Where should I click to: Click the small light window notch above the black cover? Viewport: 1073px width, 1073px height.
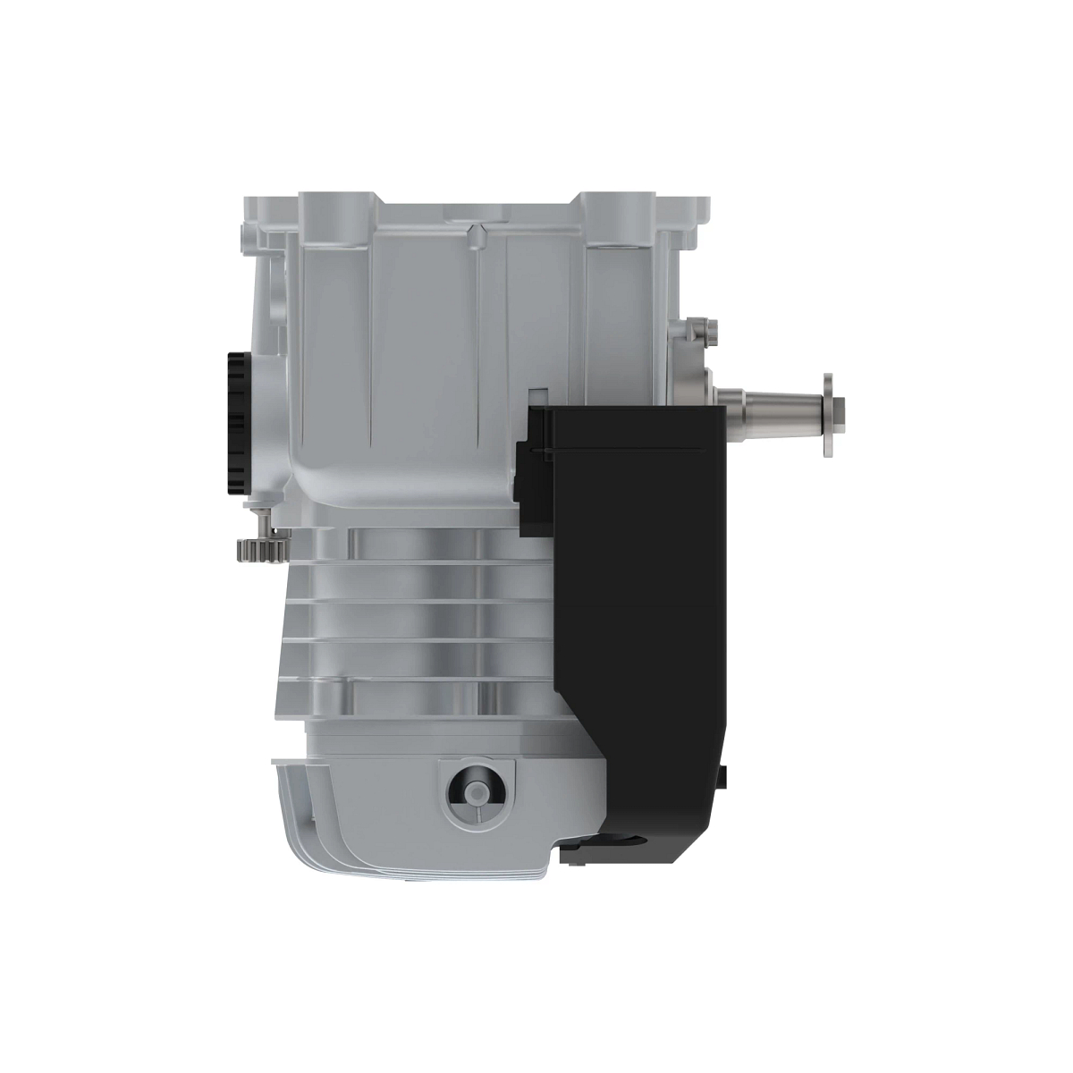pos(538,395)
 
